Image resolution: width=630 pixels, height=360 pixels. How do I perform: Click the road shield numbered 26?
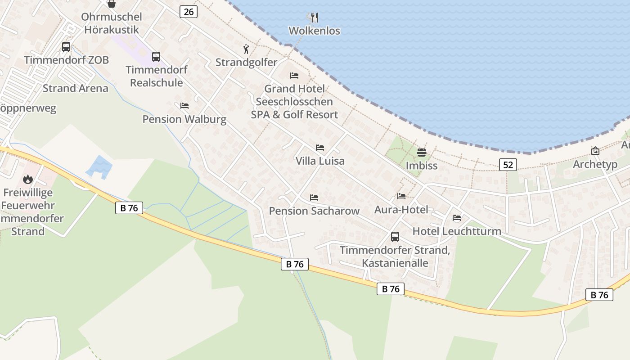[x=189, y=12]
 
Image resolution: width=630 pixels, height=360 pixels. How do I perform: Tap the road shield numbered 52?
[x=508, y=165]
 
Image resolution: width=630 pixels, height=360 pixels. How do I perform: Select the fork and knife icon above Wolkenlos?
[x=315, y=18]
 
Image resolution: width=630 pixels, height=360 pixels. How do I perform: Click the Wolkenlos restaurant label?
[x=314, y=31]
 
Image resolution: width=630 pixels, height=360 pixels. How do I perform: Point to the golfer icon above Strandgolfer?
[x=246, y=49]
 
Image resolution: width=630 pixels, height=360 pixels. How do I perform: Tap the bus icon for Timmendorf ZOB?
[x=66, y=46]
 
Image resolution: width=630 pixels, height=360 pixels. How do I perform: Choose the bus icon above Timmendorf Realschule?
[x=156, y=56]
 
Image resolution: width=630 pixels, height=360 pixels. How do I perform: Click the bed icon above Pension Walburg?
[x=184, y=106]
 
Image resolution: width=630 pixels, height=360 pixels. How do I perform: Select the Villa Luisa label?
[x=320, y=161]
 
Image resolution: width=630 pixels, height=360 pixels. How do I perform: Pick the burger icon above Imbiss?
[x=422, y=152]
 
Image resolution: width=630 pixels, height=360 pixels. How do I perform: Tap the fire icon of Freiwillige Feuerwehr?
[x=28, y=179]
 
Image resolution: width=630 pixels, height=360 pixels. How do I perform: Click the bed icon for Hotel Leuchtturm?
[x=457, y=218]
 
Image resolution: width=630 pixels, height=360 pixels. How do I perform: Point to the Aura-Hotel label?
[x=401, y=209]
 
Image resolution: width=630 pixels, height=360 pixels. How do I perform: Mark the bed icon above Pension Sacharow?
[x=314, y=198]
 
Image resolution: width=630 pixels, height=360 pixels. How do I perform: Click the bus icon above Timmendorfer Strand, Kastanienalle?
[x=395, y=236]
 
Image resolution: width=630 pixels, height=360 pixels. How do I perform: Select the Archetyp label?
[x=595, y=164]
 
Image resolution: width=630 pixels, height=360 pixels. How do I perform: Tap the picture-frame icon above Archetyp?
[x=595, y=151]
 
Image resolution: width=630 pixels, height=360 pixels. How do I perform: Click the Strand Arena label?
[x=75, y=88]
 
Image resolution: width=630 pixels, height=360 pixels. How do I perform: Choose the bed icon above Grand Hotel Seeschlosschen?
[x=294, y=75]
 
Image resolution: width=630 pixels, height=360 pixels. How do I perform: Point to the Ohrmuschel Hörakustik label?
[x=111, y=23]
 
